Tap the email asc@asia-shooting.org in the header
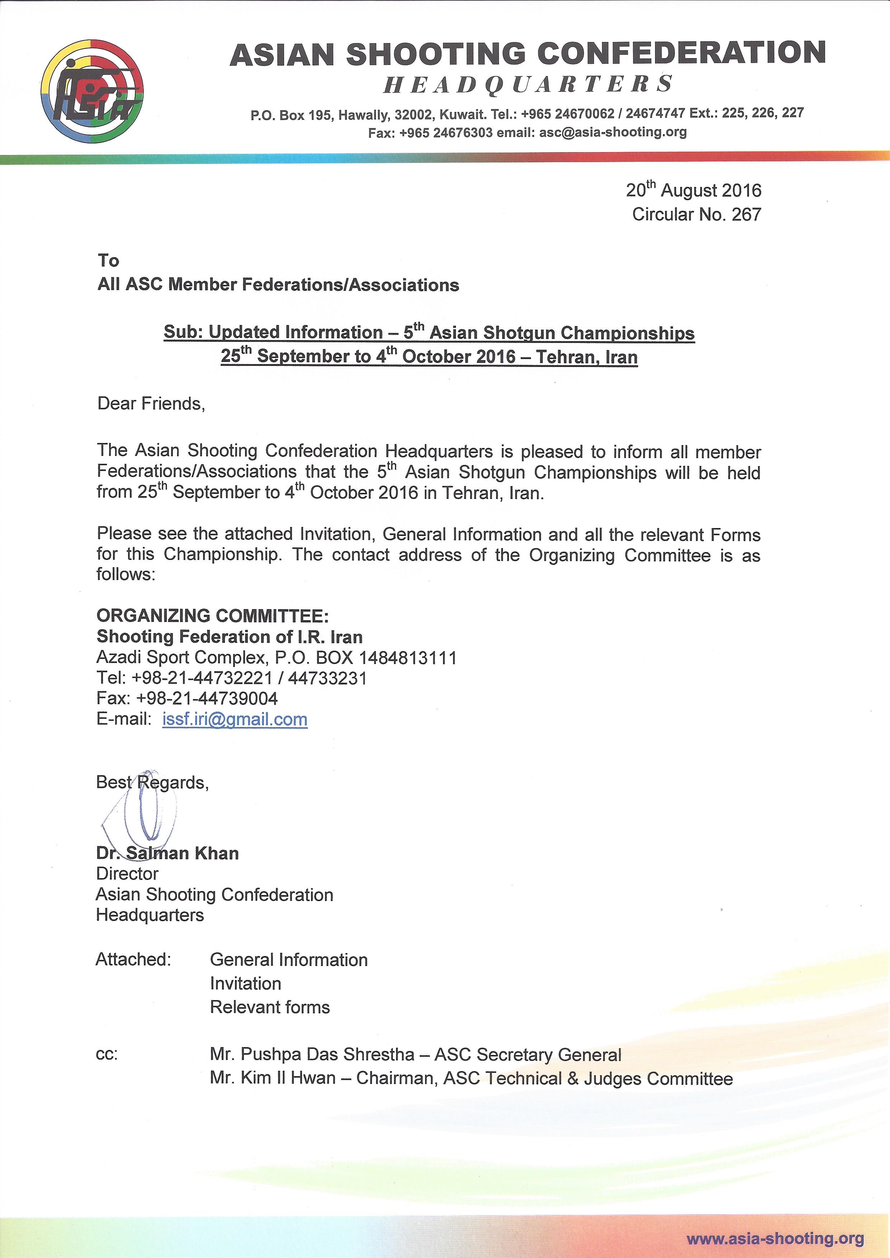[613, 132]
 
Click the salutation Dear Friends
[151, 404]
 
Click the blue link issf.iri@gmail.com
[235, 720]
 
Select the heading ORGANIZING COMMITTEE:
[213, 616]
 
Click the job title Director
[127, 873]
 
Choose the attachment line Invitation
[245, 984]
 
